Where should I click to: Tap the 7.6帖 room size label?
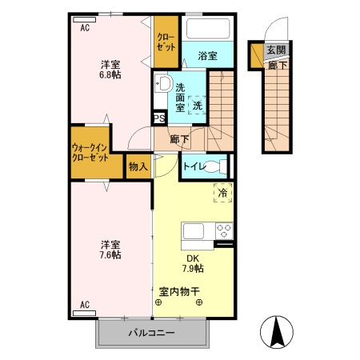tap(110, 254)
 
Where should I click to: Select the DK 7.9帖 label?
tap(193, 263)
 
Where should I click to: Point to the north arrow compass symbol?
tap(278, 331)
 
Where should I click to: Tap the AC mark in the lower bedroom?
tap(85, 304)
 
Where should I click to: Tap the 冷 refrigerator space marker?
tap(222, 192)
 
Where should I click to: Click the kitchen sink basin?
tap(196, 232)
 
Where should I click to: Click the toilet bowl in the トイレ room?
tap(219, 166)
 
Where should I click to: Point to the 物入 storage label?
tap(138, 166)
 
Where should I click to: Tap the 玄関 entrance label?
tap(276, 51)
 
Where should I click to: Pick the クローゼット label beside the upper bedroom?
tap(166, 42)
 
